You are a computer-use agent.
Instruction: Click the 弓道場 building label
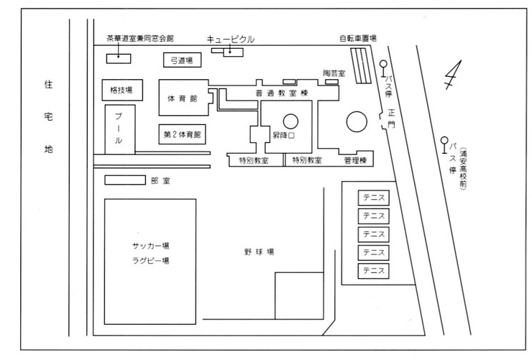pyautogui.click(x=181, y=60)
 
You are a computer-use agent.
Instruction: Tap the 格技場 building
pyautogui.click(x=121, y=91)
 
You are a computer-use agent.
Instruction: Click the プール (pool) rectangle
pyautogui.click(x=119, y=129)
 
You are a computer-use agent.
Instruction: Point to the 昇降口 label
pyautogui.click(x=283, y=135)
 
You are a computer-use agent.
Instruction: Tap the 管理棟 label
pyautogui.click(x=355, y=160)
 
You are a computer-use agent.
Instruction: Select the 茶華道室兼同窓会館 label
pyautogui.click(x=139, y=38)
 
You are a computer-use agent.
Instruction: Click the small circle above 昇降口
pyautogui.click(x=290, y=121)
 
